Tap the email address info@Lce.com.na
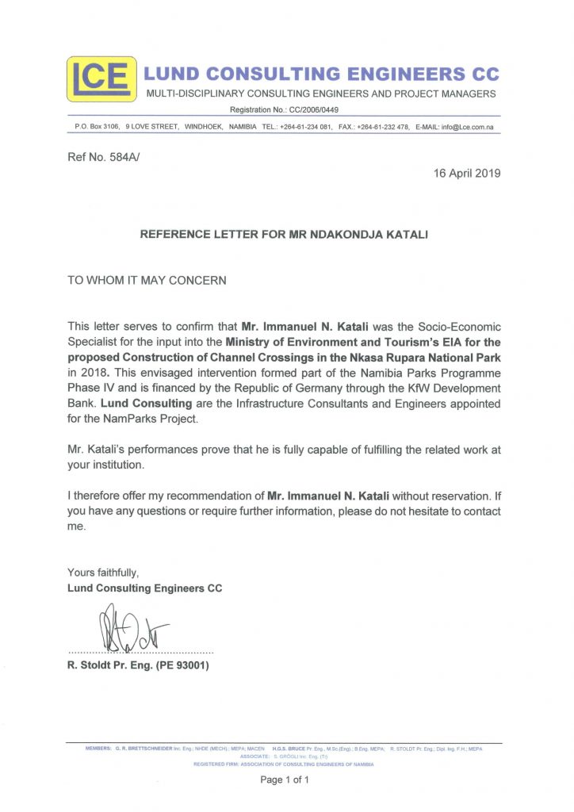pyautogui.click(x=469, y=126)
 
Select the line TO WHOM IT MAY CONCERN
pyautogui.click(x=147, y=280)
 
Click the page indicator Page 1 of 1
pyautogui.click(x=285, y=780)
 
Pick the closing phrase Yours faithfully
pyautogui.click(x=103, y=572)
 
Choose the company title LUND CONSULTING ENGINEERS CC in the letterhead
pyautogui.click(x=319, y=75)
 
